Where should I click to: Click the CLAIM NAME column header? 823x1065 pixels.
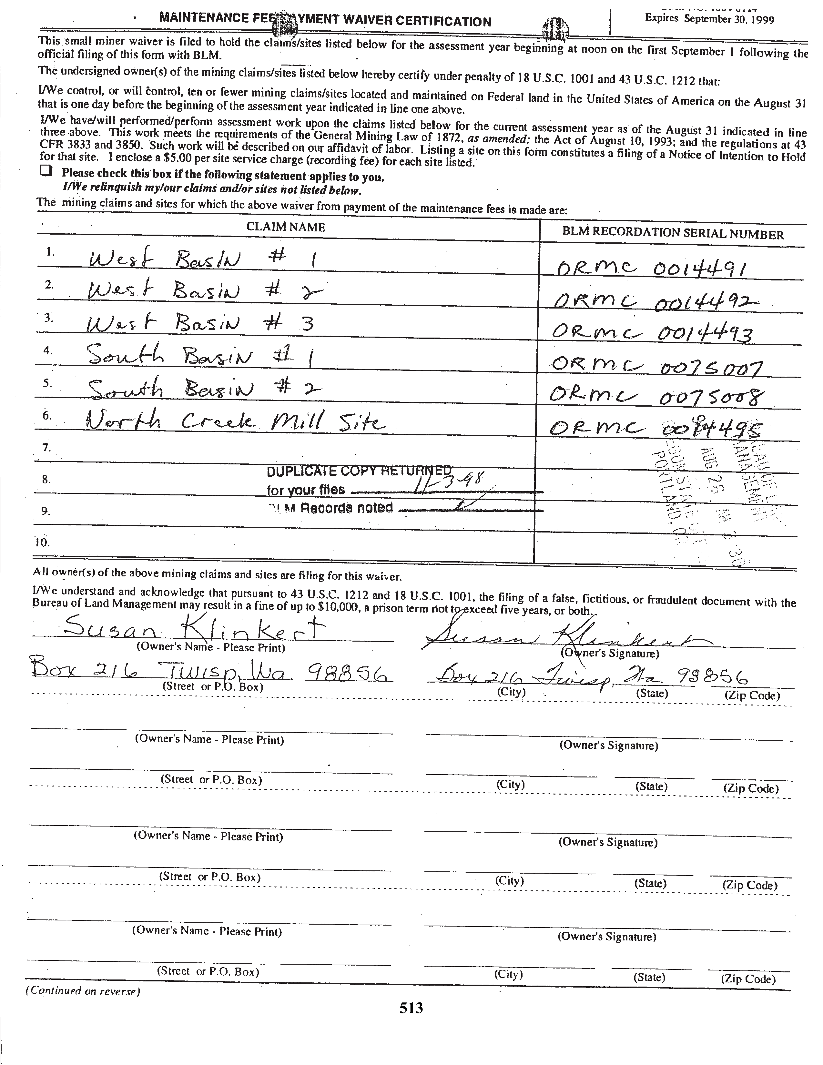click(x=286, y=227)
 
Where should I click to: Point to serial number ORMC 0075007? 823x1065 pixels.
click(x=656, y=366)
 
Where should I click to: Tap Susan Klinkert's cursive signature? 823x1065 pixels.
click(x=561, y=636)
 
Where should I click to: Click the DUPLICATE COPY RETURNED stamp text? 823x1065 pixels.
click(x=358, y=471)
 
